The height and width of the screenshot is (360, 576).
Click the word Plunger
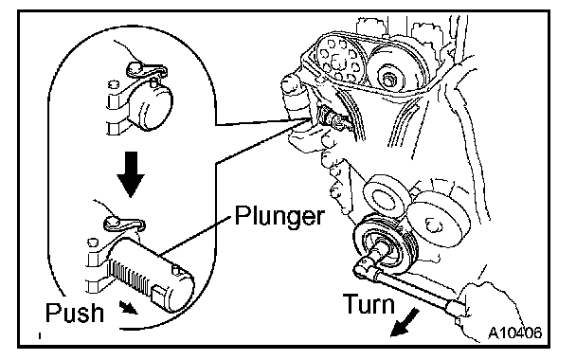279,216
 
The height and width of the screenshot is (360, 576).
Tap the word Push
75,313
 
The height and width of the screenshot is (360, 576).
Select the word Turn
369,304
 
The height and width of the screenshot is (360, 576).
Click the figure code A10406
514,333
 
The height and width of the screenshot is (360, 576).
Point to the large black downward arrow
131,173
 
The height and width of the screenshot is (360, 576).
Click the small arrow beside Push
129,308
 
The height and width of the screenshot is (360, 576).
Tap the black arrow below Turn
404,322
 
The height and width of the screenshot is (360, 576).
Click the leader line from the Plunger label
196,236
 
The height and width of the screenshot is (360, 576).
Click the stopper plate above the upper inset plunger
146,69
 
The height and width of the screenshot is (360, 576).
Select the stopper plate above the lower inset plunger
123,224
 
